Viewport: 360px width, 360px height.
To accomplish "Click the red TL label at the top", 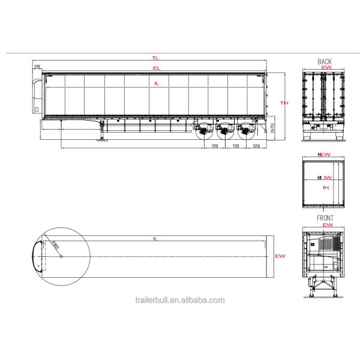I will [155, 58].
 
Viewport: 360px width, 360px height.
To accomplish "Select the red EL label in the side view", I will [156, 70].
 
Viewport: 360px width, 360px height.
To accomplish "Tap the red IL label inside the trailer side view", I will [157, 83].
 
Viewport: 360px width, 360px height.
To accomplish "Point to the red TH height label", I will [285, 103].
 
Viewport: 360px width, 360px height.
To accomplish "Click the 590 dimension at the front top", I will [37, 67].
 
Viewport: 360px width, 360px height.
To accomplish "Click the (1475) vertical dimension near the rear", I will [272, 128].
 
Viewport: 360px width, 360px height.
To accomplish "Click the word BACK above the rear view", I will [325, 62].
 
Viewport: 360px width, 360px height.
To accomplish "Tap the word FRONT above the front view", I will [325, 218].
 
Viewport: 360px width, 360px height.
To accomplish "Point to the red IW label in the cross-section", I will [327, 178].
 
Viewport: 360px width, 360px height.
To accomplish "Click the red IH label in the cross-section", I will [326, 188].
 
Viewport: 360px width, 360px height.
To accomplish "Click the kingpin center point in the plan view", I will [62, 256].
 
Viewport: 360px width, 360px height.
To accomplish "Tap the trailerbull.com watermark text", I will [180, 300].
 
